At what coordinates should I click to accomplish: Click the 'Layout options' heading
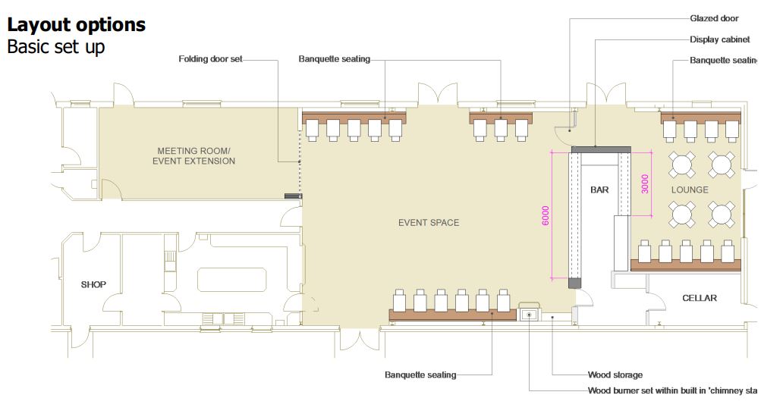coord(76,24)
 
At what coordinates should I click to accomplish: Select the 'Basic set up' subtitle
coord(55,47)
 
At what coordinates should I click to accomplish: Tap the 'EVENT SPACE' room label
coord(429,223)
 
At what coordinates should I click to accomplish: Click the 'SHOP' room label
coord(93,285)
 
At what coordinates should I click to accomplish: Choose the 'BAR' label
coord(599,190)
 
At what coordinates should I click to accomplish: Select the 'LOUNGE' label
coord(689,190)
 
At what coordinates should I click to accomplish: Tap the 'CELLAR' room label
coord(699,298)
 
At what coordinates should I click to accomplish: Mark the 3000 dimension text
coord(645,184)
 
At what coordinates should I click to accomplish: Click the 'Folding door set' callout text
coord(210,59)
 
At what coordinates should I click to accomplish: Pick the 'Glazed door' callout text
coord(713,18)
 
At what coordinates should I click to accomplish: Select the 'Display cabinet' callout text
coord(719,39)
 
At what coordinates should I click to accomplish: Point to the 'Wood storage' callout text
coord(615,375)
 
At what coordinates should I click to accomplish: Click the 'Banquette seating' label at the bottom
coord(420,375)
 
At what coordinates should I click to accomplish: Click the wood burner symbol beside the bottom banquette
coord(529,313)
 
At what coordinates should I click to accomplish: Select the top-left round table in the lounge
coord(682,163)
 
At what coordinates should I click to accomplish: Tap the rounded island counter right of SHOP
coord(233,279)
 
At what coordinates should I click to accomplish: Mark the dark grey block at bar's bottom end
coord(574,284)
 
